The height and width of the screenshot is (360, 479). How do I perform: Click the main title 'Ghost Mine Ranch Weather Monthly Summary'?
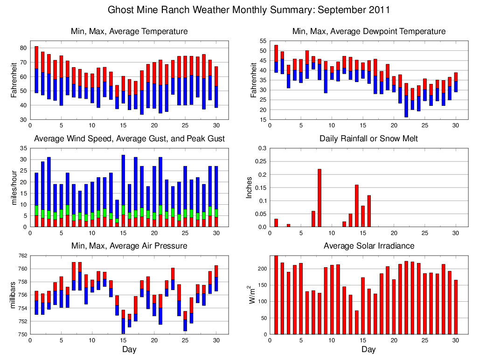(x=249, y=10)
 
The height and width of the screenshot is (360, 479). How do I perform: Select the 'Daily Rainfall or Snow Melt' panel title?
(x=368, y=138)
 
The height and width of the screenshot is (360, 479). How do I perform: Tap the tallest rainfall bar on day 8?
(x=319, y=198)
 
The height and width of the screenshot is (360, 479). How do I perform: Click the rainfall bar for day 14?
(x=357, y=206)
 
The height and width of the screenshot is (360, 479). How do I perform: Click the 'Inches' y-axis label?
(x=250, y=187)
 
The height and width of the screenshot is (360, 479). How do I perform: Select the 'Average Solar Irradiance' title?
(x=368, y=246)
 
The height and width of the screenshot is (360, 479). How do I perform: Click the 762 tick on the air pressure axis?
(x=22, y=256)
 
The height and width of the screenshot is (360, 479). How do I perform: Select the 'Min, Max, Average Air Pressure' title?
(x=129, y=246)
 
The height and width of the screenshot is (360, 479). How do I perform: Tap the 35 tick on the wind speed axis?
(x=22, y=148)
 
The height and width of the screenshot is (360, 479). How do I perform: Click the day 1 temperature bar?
(x=36, y=69)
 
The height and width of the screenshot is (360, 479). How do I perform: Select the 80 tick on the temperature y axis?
(x=22, y=48)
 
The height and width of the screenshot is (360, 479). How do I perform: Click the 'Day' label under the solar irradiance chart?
(x=368, y=349)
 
